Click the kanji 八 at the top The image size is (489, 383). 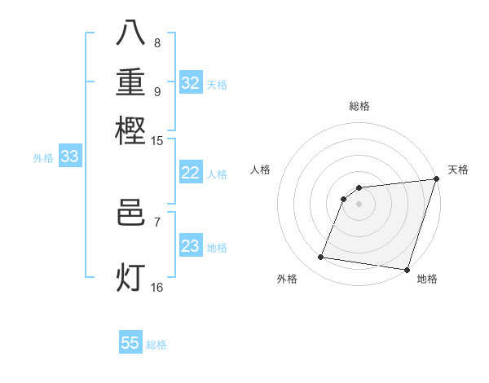click(131, 33)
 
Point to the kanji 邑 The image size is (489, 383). click(131, 214)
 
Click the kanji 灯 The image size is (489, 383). click(131, 278)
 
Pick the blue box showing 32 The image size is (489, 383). click(191, 83)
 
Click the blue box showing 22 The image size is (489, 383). click(191, 173)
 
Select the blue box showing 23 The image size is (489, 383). click(191, 246)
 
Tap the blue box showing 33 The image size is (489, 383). click(69, 157)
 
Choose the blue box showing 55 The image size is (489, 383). click(130, 343)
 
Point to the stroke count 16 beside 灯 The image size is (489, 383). click(156, 287)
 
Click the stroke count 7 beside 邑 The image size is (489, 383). click(157, 222)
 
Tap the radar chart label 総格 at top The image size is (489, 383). click(359, 107)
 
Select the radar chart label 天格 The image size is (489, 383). click(458, 169)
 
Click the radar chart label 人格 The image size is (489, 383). click(261, 169)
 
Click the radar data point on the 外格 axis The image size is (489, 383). click(321, 258)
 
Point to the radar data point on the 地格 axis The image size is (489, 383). click(407, 270)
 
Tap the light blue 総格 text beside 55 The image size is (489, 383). click(156, 345)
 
